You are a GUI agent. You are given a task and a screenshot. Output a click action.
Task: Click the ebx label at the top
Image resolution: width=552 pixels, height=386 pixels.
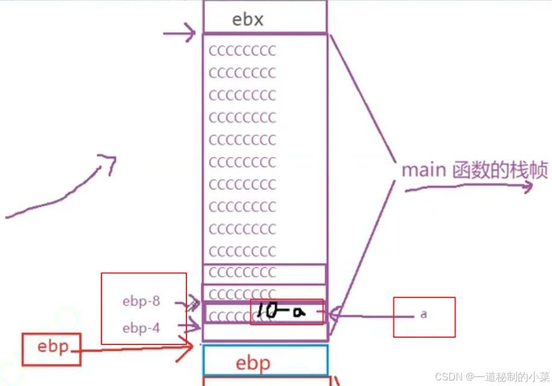248,20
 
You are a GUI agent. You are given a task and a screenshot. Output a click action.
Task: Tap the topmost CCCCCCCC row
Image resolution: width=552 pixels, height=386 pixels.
243,51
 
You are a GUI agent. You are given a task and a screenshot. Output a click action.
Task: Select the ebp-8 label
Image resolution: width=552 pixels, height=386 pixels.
141,302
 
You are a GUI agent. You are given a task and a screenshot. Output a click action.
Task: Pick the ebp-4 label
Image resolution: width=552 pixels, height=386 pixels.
141,328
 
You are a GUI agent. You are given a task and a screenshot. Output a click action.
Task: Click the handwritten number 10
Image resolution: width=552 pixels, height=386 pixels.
265,311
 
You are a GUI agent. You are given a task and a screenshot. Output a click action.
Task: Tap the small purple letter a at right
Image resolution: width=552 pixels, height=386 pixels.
424,314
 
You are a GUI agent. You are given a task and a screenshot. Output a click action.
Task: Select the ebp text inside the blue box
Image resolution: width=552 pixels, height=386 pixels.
253,364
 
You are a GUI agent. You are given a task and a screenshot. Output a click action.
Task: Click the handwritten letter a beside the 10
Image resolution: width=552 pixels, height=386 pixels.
297,311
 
